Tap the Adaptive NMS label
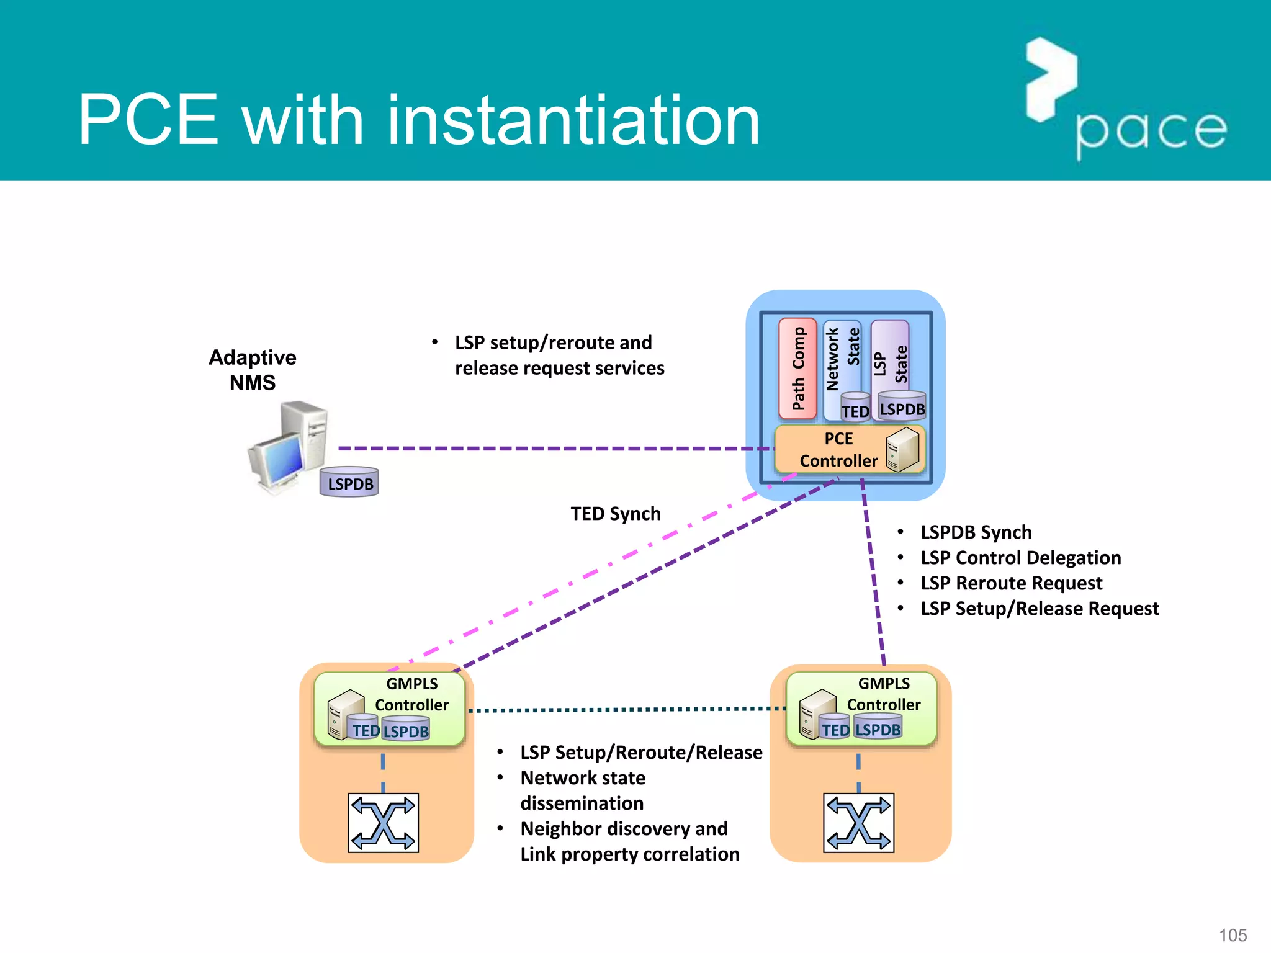(x=253, y=370)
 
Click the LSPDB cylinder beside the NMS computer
(x=349, y=483)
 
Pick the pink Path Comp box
(x=797, y=369)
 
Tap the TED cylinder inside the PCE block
(x=855, y=408)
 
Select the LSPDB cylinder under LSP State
(x=902, y=406)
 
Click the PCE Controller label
(x=838, y=450)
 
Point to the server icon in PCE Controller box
(x=902, y=450)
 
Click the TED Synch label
(x=616, y=514)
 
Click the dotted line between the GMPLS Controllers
(x=627, y=709)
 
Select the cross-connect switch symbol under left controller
(x=383, y=823)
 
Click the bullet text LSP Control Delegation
(x=1020, y=558)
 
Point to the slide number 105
(x=1233, y=935)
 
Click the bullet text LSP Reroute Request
(x=1011, y=583)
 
